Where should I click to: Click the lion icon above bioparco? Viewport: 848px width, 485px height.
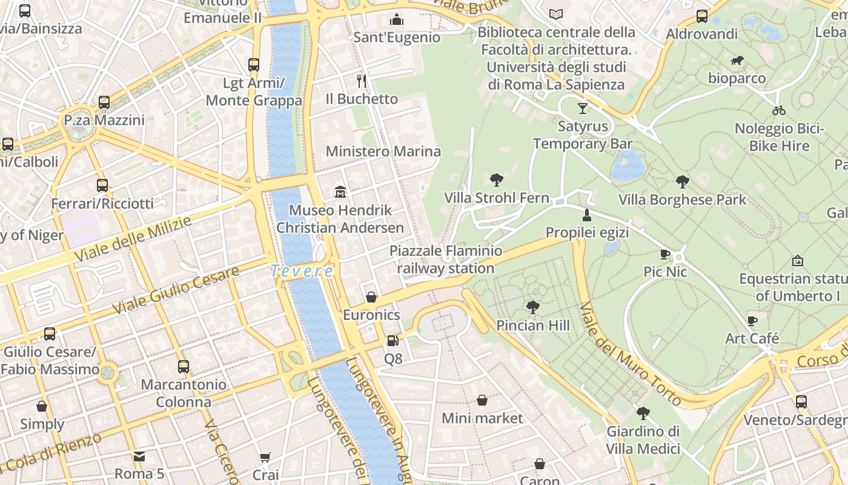click(x=737, y=61)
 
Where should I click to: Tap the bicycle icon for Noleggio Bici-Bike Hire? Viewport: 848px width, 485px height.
click(x=779, y=110)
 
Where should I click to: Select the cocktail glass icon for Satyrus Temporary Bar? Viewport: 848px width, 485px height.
click(x=582, y=109)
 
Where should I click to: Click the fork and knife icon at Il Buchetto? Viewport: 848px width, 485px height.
click(x=362, y=81)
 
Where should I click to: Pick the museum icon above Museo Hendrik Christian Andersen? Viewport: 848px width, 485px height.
click(x=340, y=192)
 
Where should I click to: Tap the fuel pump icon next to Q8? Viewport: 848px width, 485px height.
click(x=393, y=341)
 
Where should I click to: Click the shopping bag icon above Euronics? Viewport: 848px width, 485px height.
click(x=371, y=297)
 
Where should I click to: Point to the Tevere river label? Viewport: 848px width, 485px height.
click(x=302, y=272)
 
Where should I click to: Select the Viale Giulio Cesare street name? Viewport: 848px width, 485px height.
click(x=176, y=291)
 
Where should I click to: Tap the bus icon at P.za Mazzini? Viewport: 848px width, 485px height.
click(x=104, y=102)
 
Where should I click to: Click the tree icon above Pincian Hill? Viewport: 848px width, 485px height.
click(x=533, y=307)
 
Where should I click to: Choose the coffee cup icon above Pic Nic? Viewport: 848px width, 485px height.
click(x=665, y=254)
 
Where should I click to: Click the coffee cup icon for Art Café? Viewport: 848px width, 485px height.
click(x=752, y=321)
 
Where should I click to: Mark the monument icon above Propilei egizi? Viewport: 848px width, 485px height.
click(x=586, y=215)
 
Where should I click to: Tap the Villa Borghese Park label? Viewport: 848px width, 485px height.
click(x=682, y=199)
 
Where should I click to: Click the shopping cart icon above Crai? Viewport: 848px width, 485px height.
click(x=265, y=457)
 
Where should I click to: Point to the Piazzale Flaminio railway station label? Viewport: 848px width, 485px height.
click(x=446, y=259)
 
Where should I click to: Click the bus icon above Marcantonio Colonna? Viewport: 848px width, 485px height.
click(x=184, y=367)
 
